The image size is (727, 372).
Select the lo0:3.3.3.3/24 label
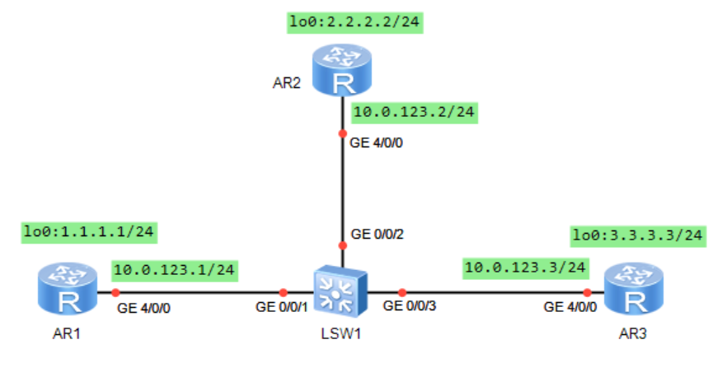(639, 236)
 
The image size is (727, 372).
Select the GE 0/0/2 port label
(378, 234)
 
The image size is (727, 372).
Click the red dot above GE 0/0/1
(284, 292)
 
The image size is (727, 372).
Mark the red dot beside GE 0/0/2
(342, 245)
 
